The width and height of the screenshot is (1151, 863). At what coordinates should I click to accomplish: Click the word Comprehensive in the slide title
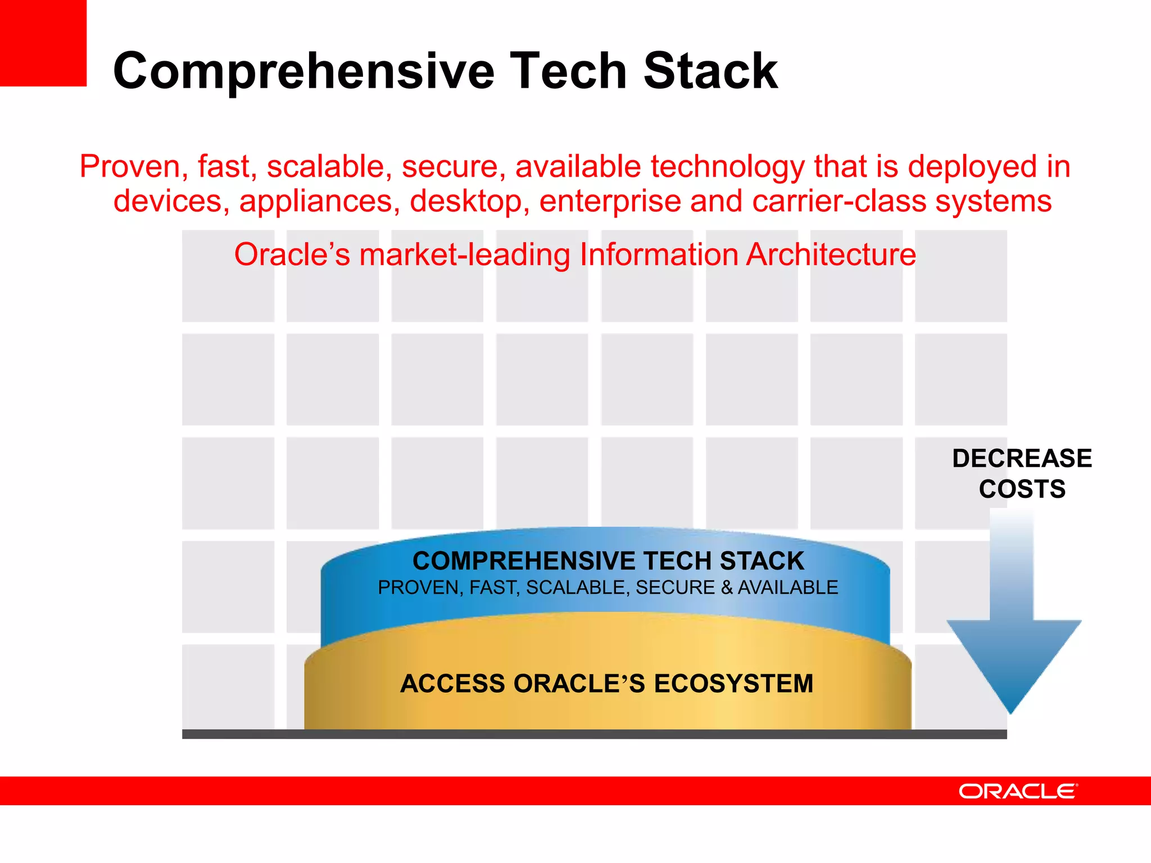pyautogui.click(x=303, y=71)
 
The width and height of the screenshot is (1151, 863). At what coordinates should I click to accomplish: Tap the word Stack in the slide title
pyautogui.click(x=710, y=71)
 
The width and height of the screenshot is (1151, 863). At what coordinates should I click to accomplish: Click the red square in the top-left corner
pyautogui.click(x=43, y=43)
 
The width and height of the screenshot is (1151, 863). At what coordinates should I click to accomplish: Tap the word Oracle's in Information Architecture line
pyautogui.click(x=292, y=255)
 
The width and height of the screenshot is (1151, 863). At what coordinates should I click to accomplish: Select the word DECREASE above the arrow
pyautogui.click(x=1022, y=458)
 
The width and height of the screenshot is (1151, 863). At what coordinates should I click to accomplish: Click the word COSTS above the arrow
pyautogui.click(x=1022, y=489)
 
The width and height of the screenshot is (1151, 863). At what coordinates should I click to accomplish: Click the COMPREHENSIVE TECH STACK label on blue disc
pyautogui.click(x=608, y=561)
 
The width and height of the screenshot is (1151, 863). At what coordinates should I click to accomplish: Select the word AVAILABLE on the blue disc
pyautogui.click(x=787, y=588)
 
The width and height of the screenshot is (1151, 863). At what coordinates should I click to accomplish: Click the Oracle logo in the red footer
pyautogui.click(x=1018, y=791)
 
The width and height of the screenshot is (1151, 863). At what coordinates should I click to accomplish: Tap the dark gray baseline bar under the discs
pyautogui.click(x=594, y=734)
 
